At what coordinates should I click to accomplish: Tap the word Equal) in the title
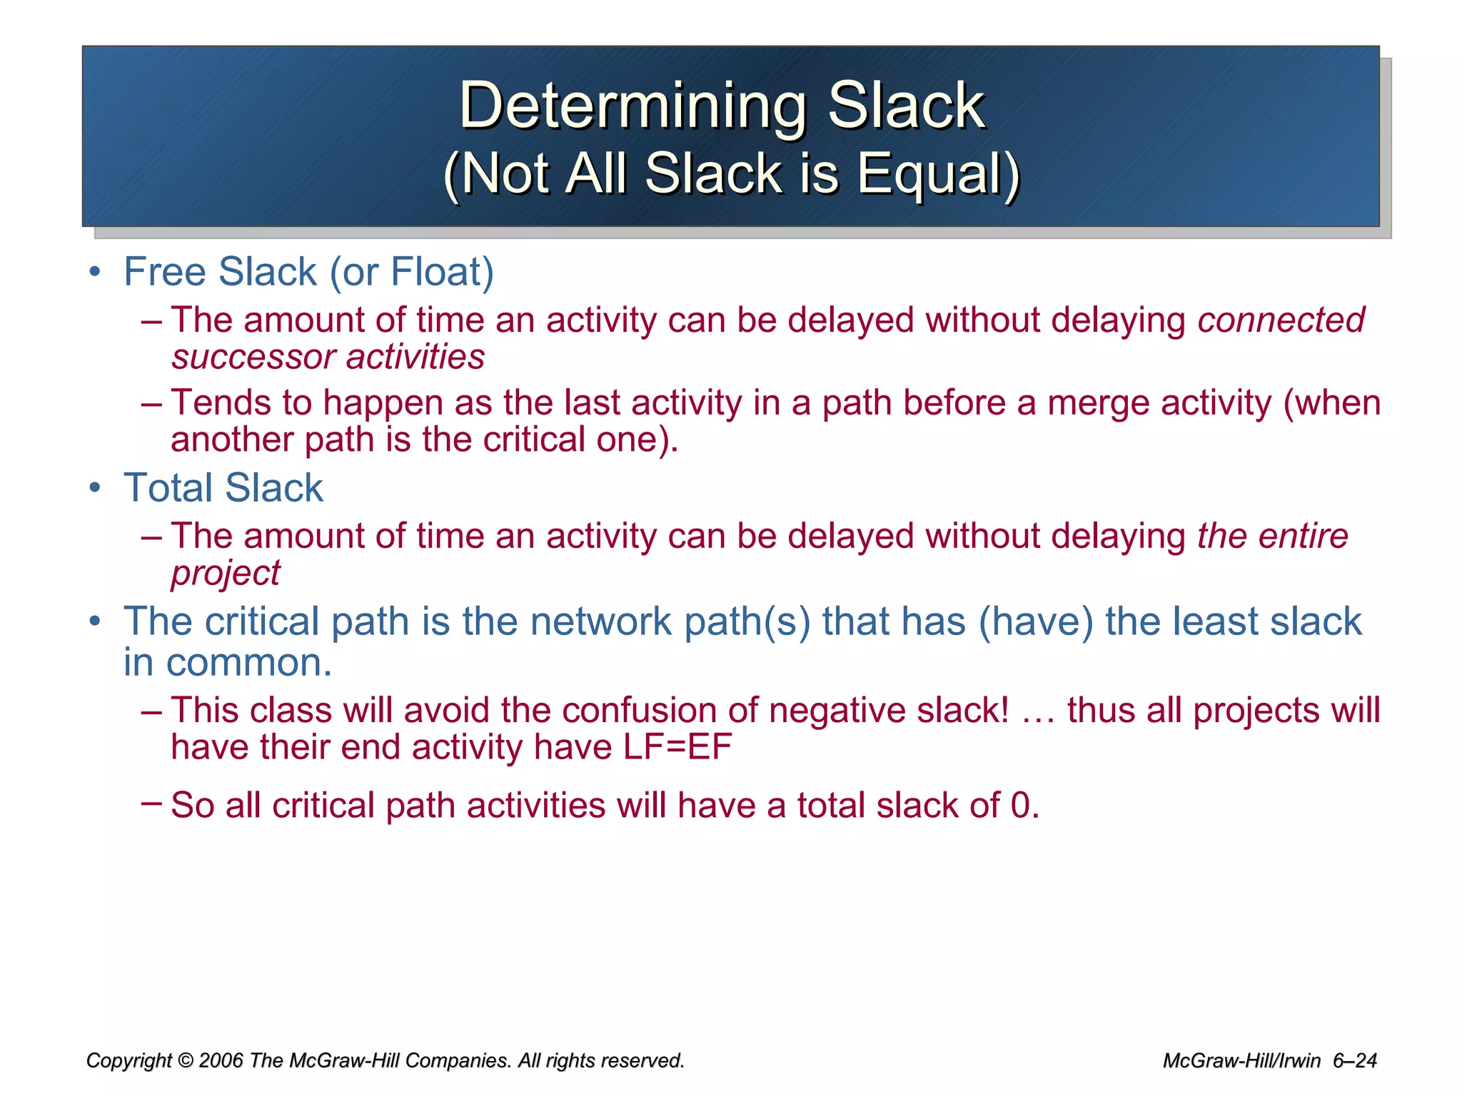point(938,173)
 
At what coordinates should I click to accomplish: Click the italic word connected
point(1281,320)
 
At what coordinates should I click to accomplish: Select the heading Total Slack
point(223,488)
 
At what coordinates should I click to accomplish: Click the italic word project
point(226,573)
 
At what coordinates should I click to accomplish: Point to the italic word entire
point(1303,536)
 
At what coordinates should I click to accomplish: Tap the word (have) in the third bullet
point(1035,621)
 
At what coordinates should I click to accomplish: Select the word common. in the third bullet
point(249,663)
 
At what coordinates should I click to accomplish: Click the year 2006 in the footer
point(221,1061)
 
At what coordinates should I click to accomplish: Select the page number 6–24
point(1354,1061)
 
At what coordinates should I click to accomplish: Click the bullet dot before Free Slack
point(94,273)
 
